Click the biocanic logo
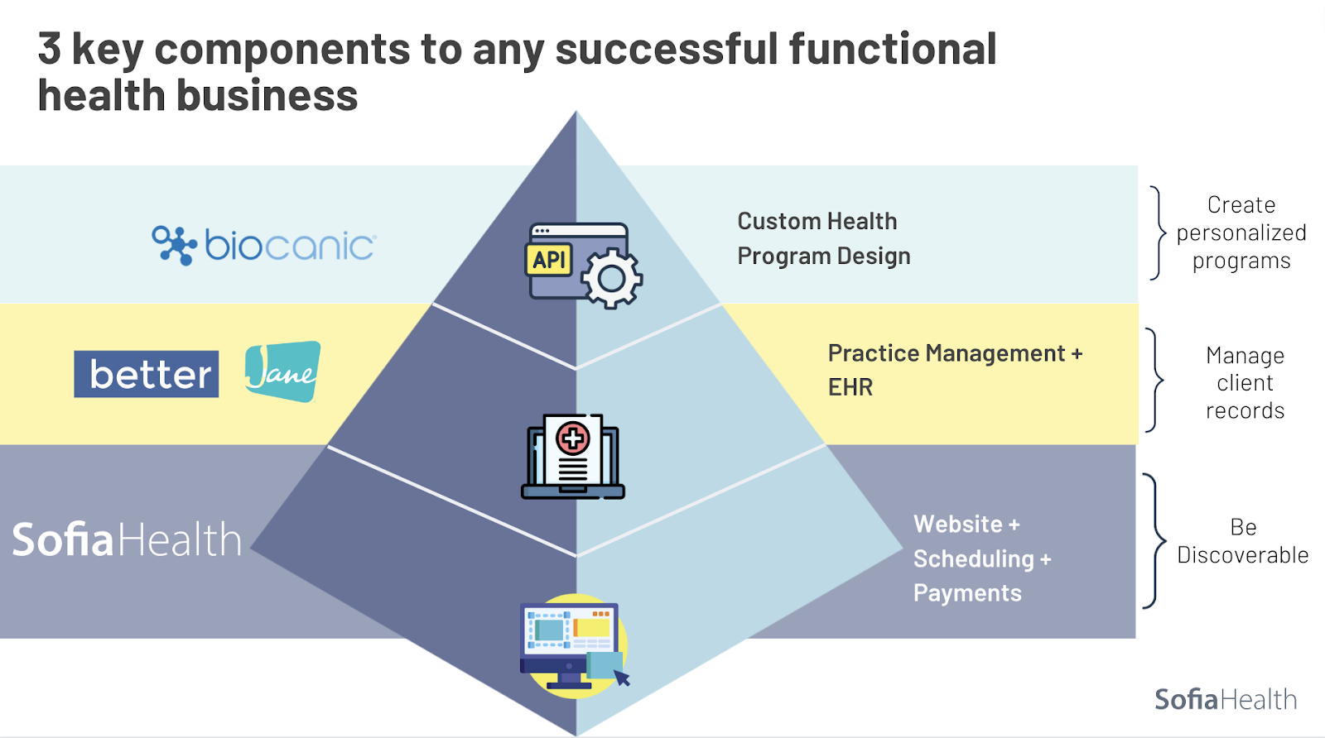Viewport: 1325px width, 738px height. pos(264,245)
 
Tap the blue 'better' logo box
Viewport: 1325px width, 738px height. pos(147,374)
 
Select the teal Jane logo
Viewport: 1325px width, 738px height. pos(282,371)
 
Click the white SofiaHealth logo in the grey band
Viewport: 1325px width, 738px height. pos(127,539)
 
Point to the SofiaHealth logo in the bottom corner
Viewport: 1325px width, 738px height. pos(1226,699)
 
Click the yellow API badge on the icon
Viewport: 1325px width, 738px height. pos(548,260)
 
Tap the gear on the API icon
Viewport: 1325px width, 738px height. pos(612,279)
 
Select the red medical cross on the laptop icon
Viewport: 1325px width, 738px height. pos(572,438)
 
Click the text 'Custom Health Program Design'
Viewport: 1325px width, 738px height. pos(823,238)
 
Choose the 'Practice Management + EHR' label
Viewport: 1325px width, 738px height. pos(954,370)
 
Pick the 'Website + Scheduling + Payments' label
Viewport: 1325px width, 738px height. pos(981,558)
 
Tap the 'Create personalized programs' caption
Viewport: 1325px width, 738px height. pos(1241,232)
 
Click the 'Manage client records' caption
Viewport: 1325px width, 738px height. pos(1245,383)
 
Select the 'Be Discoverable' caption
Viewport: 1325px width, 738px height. pos(1242,541)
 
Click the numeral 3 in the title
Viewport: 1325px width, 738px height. pos(50,49)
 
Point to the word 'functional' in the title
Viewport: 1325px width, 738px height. pos(892,49)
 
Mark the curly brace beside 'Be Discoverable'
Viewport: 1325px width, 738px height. pos(1154,541)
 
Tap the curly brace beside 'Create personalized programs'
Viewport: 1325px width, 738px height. pos(1159,232)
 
